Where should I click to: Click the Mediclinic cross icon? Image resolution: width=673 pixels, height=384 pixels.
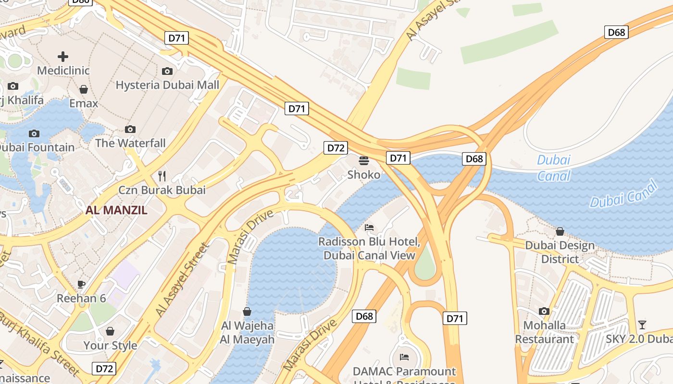(63, 57)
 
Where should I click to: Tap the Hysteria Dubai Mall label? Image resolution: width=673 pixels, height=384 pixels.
(167, 85)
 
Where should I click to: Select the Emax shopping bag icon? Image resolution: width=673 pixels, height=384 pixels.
(84, 89)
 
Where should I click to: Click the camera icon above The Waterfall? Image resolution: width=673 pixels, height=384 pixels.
(130, 129)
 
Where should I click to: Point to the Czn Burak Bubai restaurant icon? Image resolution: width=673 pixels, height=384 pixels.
(162, 176)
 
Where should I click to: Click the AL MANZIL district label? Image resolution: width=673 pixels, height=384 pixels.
(116, 210)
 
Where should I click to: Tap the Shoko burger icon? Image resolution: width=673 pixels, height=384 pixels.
(364, 160)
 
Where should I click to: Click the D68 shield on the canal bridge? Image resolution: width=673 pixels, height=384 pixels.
(474, 159)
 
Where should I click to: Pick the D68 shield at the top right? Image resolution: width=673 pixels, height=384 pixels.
(616, 32)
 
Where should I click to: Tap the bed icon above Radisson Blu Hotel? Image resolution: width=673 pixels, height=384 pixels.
(369, 227)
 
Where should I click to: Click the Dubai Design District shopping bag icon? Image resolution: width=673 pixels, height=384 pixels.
(560, 232)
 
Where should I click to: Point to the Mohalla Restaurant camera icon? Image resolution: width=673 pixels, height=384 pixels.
(544, 311)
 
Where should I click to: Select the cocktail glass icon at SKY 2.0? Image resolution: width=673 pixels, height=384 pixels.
(642, 324)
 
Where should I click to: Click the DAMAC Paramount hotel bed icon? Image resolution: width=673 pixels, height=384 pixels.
(404, 357)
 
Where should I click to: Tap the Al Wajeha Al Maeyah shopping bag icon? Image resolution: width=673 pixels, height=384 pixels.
(247, 312)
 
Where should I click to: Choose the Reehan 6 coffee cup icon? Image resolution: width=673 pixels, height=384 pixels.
(81, 284)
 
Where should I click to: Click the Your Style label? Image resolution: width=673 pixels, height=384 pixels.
(110, 346)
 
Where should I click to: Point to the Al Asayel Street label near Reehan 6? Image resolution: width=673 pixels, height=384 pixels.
(183, 280)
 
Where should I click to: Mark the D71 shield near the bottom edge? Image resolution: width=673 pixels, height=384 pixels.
(454, 318)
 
